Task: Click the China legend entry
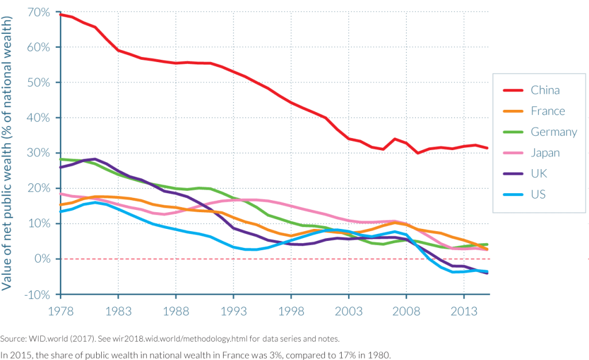(x=545, y=90)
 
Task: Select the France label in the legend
(x=548, y=111)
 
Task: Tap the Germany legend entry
(x=553, y=132)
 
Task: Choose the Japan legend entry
(x=545, y=153)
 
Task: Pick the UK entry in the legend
(x=538, y=174)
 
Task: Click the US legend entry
(x=538, y=194)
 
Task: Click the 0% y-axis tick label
(x=42, y=259)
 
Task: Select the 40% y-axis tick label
(x=39, y=118)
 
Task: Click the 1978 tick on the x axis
(x=60, y=311)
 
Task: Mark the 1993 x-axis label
(x=233, y=311)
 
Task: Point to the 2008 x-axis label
(x=406, y=311)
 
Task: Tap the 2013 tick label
(x=464, y=311)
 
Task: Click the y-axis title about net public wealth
(x=8, y=153)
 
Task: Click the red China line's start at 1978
(x=60, y=14)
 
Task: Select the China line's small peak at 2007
(x=395, y=139)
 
